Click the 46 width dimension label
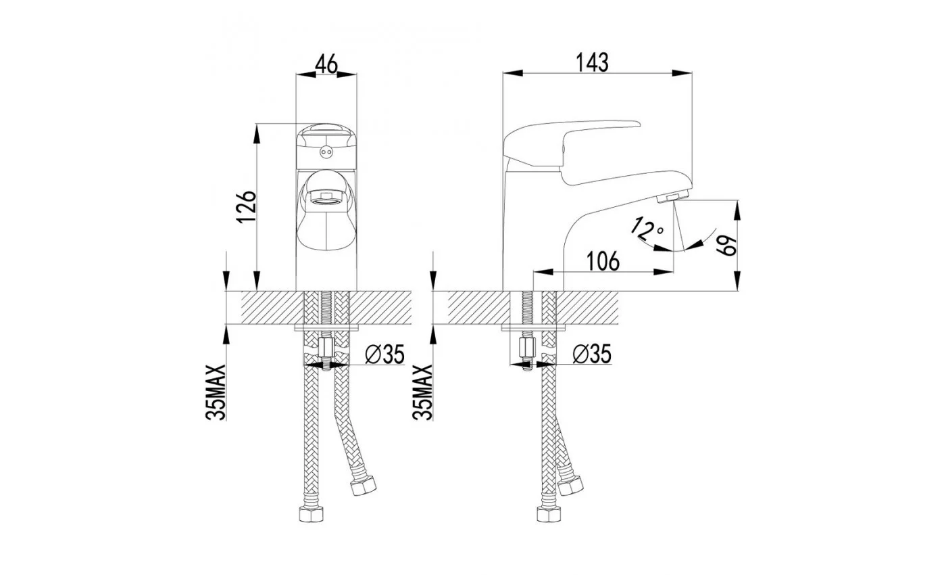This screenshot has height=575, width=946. coord(327,64)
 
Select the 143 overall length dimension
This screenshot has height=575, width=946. coord(593,62)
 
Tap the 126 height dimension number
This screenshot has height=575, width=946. coord(246,207)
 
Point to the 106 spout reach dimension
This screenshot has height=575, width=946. coord(603,261)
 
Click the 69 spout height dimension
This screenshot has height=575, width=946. coord(726,245)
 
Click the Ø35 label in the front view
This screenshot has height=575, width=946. coord(384,354)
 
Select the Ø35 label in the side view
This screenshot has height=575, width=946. coord(592,354)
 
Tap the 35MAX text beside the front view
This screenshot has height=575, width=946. coord(216,392)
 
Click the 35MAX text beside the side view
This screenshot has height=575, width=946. coord(423,392)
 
